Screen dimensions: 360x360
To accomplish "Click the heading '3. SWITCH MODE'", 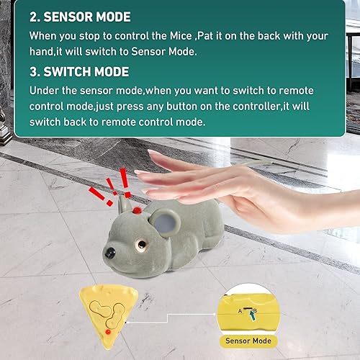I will click(x=79, y=72).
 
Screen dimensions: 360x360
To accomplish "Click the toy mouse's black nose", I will click(x=109, y=254).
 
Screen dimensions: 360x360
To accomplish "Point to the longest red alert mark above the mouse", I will click(x=123, y=180).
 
